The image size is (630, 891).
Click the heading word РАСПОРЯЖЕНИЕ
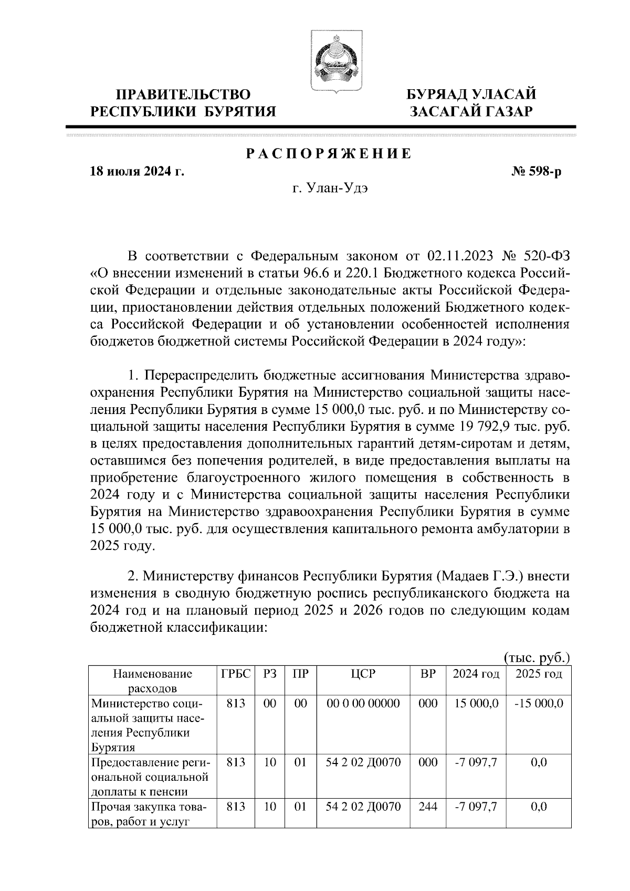[x=329, y=154]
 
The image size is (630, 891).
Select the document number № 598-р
[x=537, y=171]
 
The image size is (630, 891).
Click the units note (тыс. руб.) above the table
[x=537, y=657]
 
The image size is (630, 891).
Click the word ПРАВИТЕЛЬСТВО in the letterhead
[x=184, y=94]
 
